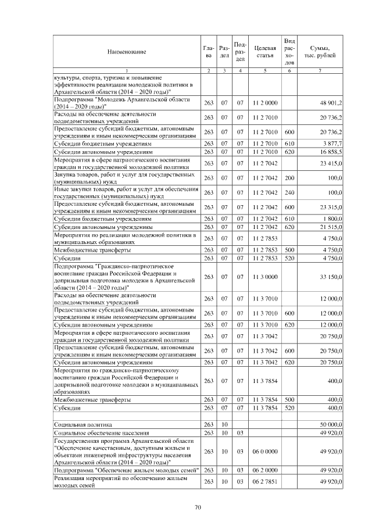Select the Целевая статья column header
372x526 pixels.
[264, 52]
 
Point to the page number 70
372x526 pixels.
[198, 507]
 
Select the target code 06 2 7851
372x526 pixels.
[264, 482]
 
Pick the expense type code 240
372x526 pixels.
[289, 192]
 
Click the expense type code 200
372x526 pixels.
[289, 177]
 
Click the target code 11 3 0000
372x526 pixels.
[264, 277]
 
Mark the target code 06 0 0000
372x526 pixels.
[264, 450]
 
